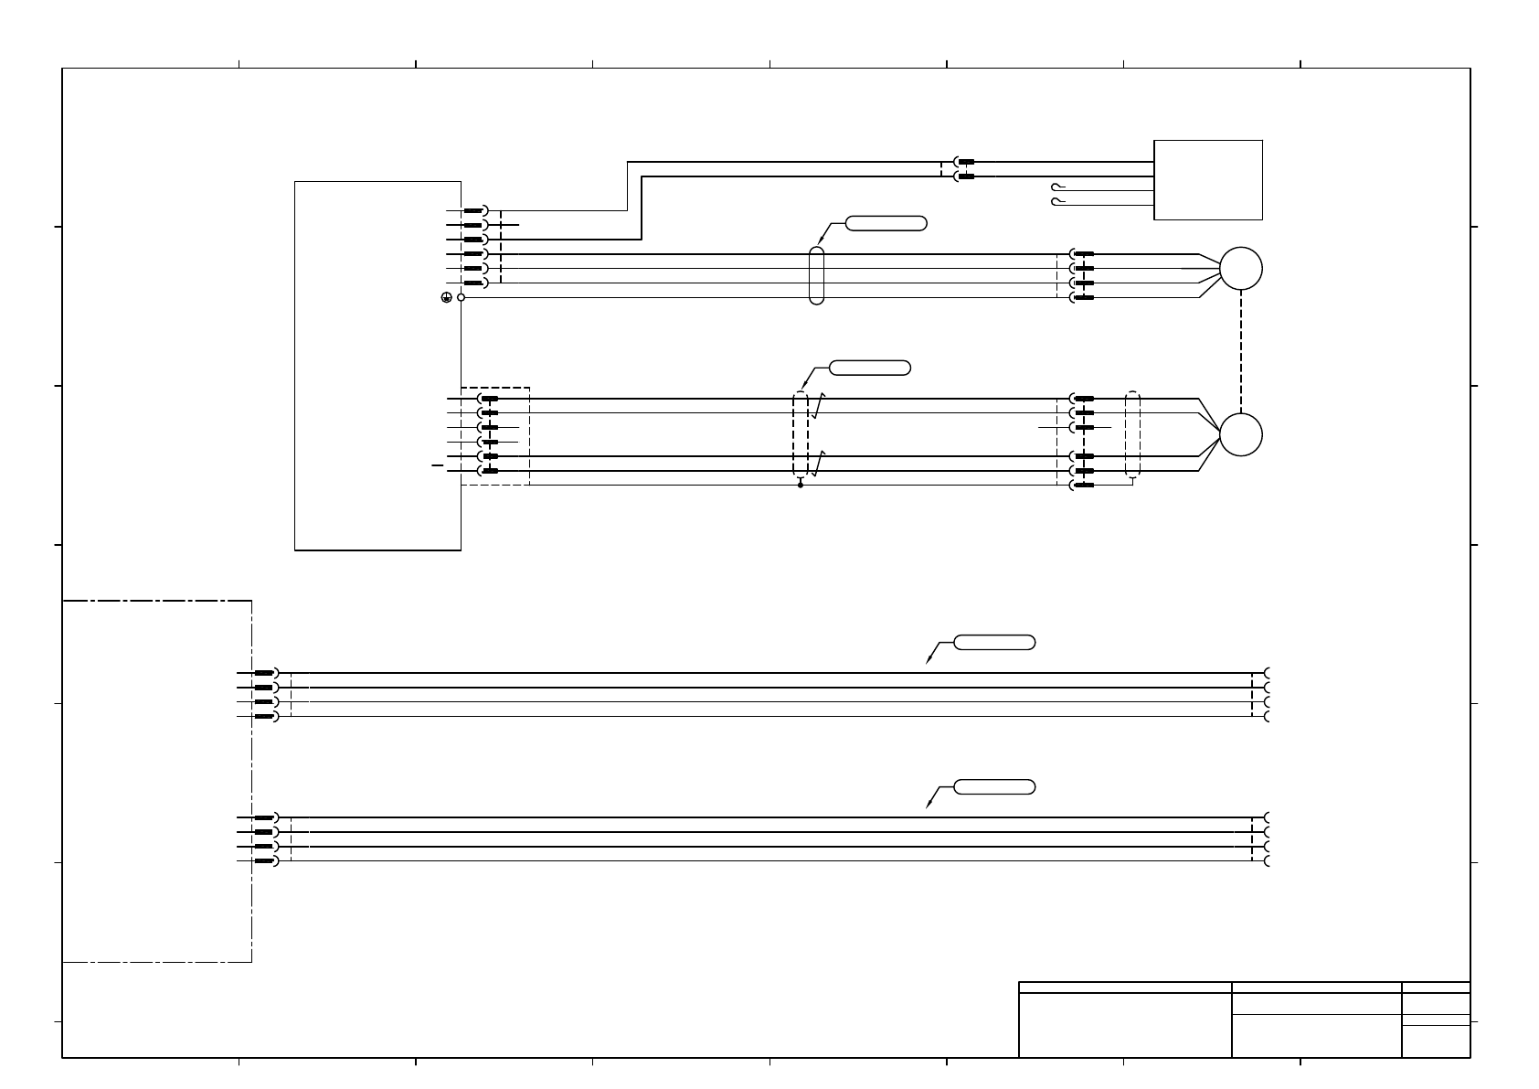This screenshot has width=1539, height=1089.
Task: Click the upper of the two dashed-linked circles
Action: (x=1241, y=269)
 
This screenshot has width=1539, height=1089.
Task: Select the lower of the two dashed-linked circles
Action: (x=1241, y=434)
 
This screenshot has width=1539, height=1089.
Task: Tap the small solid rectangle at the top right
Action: (x=1208, y=179)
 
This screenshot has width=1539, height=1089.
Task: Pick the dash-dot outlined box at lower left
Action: (x=156, y=781)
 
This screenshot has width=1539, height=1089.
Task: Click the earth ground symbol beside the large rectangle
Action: (x=446, y=297)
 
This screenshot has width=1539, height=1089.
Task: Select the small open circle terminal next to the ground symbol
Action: (x=461, y=297)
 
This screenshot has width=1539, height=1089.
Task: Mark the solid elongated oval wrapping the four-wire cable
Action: (x=817, y=275)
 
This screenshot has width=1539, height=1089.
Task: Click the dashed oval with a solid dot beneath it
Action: (x=801, y=434)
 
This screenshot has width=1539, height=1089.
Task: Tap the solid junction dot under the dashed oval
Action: (x=801, y=485)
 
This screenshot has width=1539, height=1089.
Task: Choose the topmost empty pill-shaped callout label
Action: (x=886, y=222)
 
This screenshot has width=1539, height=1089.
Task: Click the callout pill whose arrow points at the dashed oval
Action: (x=870, y=368)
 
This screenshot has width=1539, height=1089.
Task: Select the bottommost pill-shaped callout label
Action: (x=994, y=786)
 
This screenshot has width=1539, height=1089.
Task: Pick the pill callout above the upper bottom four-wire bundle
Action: (x=994, y=642)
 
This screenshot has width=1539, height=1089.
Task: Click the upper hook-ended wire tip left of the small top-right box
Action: (x=1057, y=187)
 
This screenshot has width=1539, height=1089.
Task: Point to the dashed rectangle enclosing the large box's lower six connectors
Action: (x=495, y=436)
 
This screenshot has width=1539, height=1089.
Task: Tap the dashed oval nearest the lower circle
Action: (x=1133, y=434)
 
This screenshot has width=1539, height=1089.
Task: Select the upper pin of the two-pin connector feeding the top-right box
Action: (x=965, y=162)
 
